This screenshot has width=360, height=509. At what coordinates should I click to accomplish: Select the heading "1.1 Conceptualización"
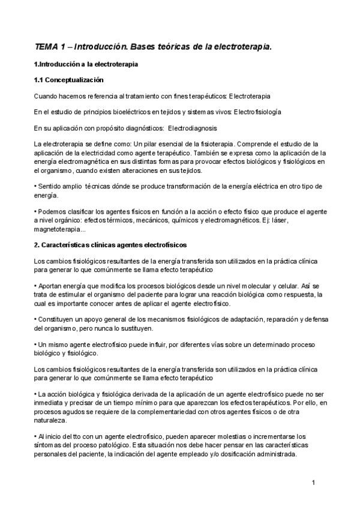click(69, 80)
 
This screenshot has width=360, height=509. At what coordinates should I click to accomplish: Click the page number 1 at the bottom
click(314, 482)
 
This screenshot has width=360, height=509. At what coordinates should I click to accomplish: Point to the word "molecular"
click(269, 286)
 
